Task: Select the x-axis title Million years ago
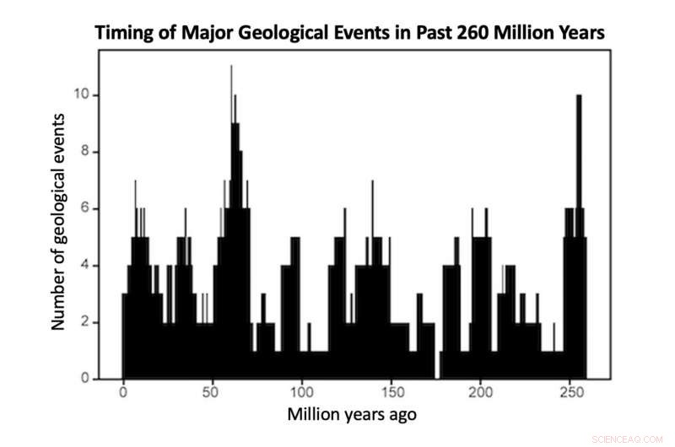click(x=352, y=415)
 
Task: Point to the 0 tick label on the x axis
click(x=123, y=393)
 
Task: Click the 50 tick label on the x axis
click(x=213, y=393)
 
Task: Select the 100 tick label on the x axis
click(x=302, y=393)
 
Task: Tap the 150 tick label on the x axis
click(x=391, y=393)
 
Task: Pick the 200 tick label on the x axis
click(x=481, y=393)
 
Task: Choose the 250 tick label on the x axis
click(x=570, y=393)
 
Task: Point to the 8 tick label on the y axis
click(x=84, y=152)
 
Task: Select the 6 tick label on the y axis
click(x=84, y=208)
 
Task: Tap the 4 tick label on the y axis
click(x=84, y=266)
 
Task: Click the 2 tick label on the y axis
click(x=84, y=322)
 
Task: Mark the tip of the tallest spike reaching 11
click(x=231, y=67)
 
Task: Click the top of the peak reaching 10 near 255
click(x=579, y=96)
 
